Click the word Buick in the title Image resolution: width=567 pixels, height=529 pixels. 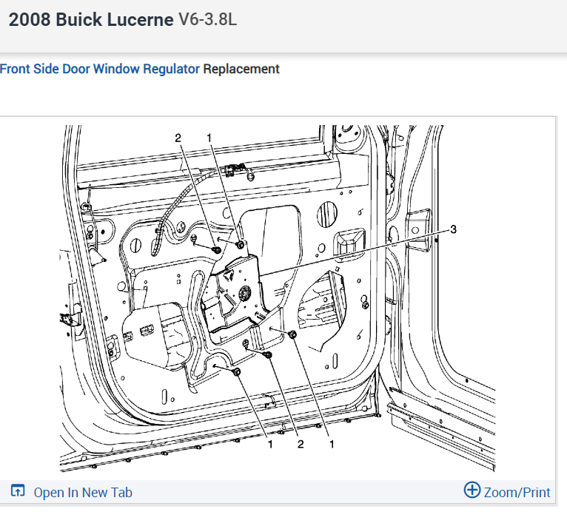pos(78,19)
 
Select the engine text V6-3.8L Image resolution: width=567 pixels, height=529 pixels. pos(207,19)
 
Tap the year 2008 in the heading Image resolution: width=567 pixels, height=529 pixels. pos(30,19)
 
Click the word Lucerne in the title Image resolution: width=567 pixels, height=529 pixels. pos(140,19)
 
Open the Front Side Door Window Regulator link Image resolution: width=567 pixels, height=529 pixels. pos(100,69)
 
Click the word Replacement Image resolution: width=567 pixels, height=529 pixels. pos(241,69)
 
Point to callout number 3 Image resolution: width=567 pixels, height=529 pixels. pos(453,229)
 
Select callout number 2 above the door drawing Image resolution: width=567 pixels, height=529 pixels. pos(178,138)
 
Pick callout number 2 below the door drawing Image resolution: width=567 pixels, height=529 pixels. pos(301,444)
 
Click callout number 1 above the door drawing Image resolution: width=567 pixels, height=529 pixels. pos(209,138)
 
